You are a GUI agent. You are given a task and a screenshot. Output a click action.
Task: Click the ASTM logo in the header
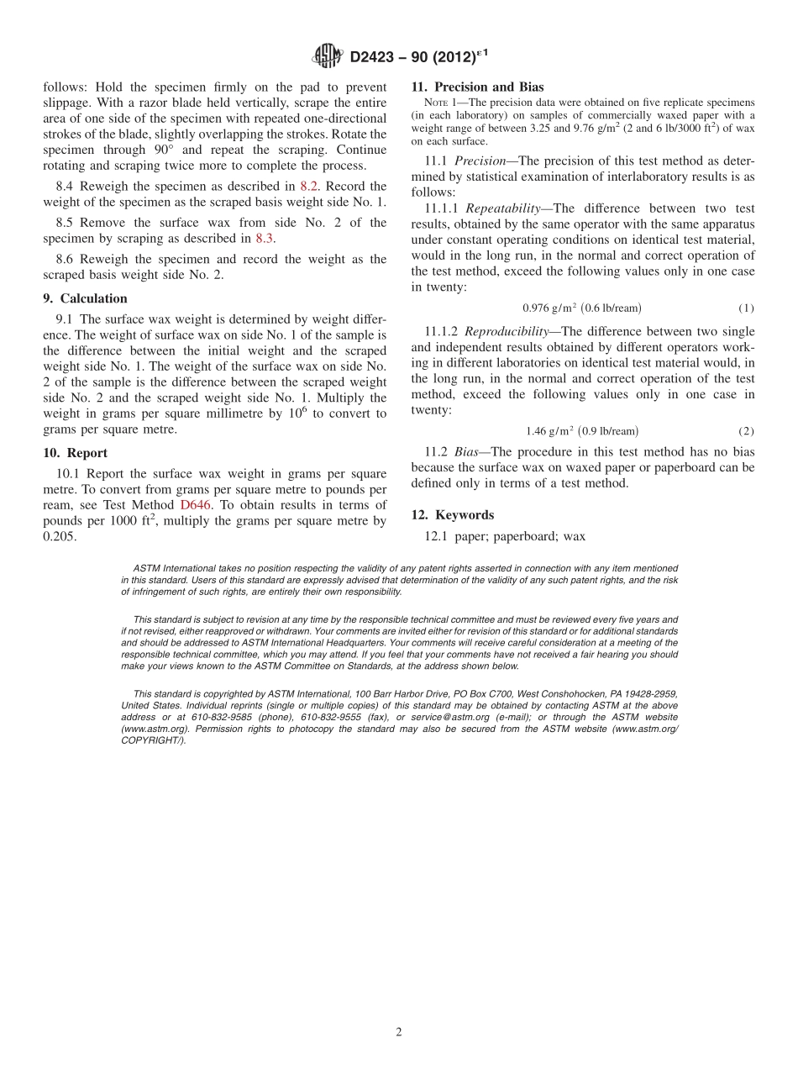pyautogui.click(x=327, y=56)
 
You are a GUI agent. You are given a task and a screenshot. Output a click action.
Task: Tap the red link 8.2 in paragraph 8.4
pyautogui.click(x=309, y=187)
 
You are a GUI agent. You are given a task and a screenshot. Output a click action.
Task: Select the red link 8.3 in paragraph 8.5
pyautogui.click(x=265, y=239)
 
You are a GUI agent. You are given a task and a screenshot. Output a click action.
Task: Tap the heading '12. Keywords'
pyautogui.click(x=452, y=515)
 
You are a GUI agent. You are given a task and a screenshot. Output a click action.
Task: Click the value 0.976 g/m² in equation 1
pyautogui.click(x=548, y=308)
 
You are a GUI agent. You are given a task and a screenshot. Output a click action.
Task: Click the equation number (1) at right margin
pyautogui.click(x=746, y=308)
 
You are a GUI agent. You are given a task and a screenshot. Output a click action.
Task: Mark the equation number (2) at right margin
pyautogui.click(x=746, y=431)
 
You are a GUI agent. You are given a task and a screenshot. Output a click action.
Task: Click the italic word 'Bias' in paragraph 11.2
pyautogui.click(x=469, y=451)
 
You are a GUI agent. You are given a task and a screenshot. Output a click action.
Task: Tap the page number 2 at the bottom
pyautogui.click(x=399, y=1032)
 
